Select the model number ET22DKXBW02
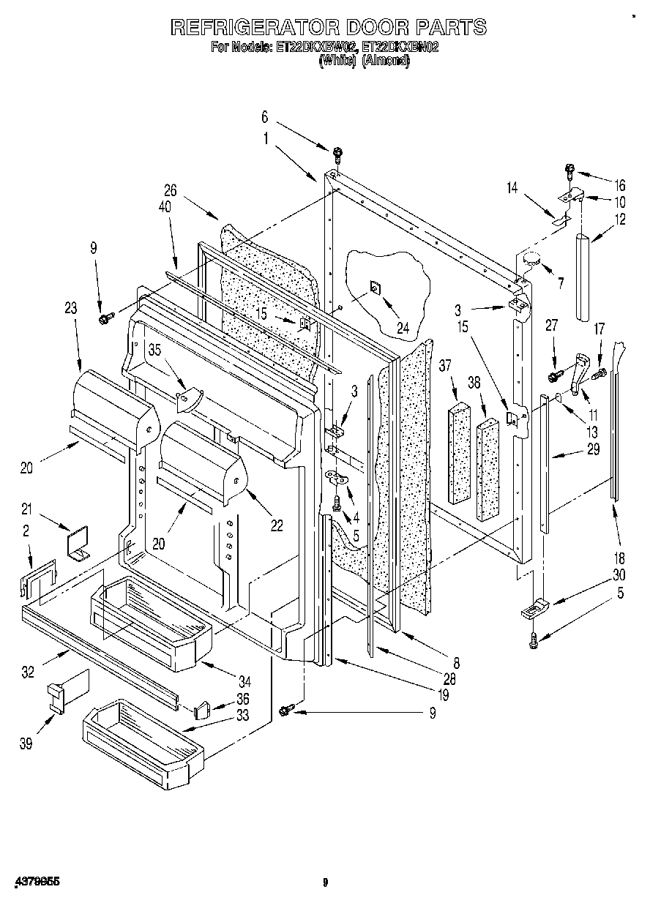316,48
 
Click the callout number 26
171,190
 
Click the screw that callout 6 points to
337,154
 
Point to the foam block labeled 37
460,452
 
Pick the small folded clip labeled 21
75,545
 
